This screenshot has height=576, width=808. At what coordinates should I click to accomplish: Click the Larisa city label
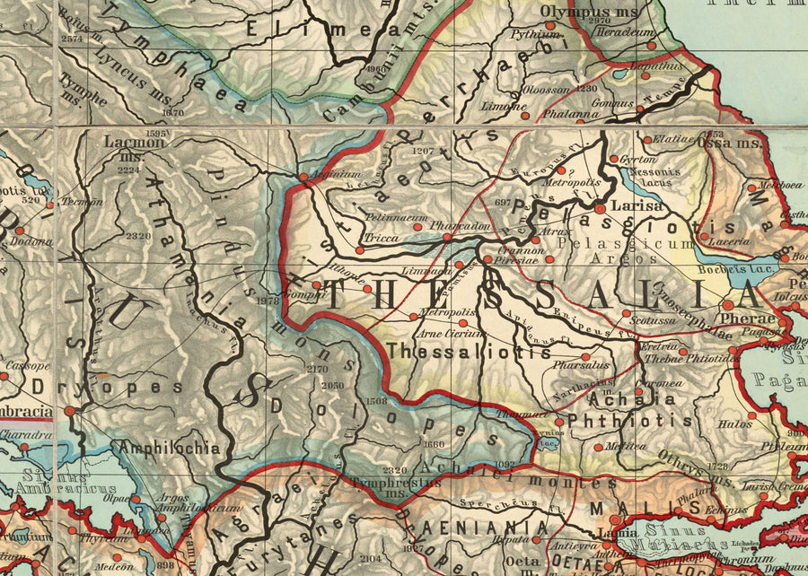[x=637, y=205]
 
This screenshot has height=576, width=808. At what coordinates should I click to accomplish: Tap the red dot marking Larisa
[x=600, y=208]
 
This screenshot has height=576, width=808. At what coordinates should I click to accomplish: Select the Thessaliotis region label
[x=469, y=352]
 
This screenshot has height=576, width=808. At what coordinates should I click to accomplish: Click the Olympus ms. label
[x=575, y=11]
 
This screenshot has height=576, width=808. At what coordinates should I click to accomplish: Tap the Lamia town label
[x=611, y=533]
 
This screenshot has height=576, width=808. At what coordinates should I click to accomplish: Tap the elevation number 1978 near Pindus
[x=267, y=301]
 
